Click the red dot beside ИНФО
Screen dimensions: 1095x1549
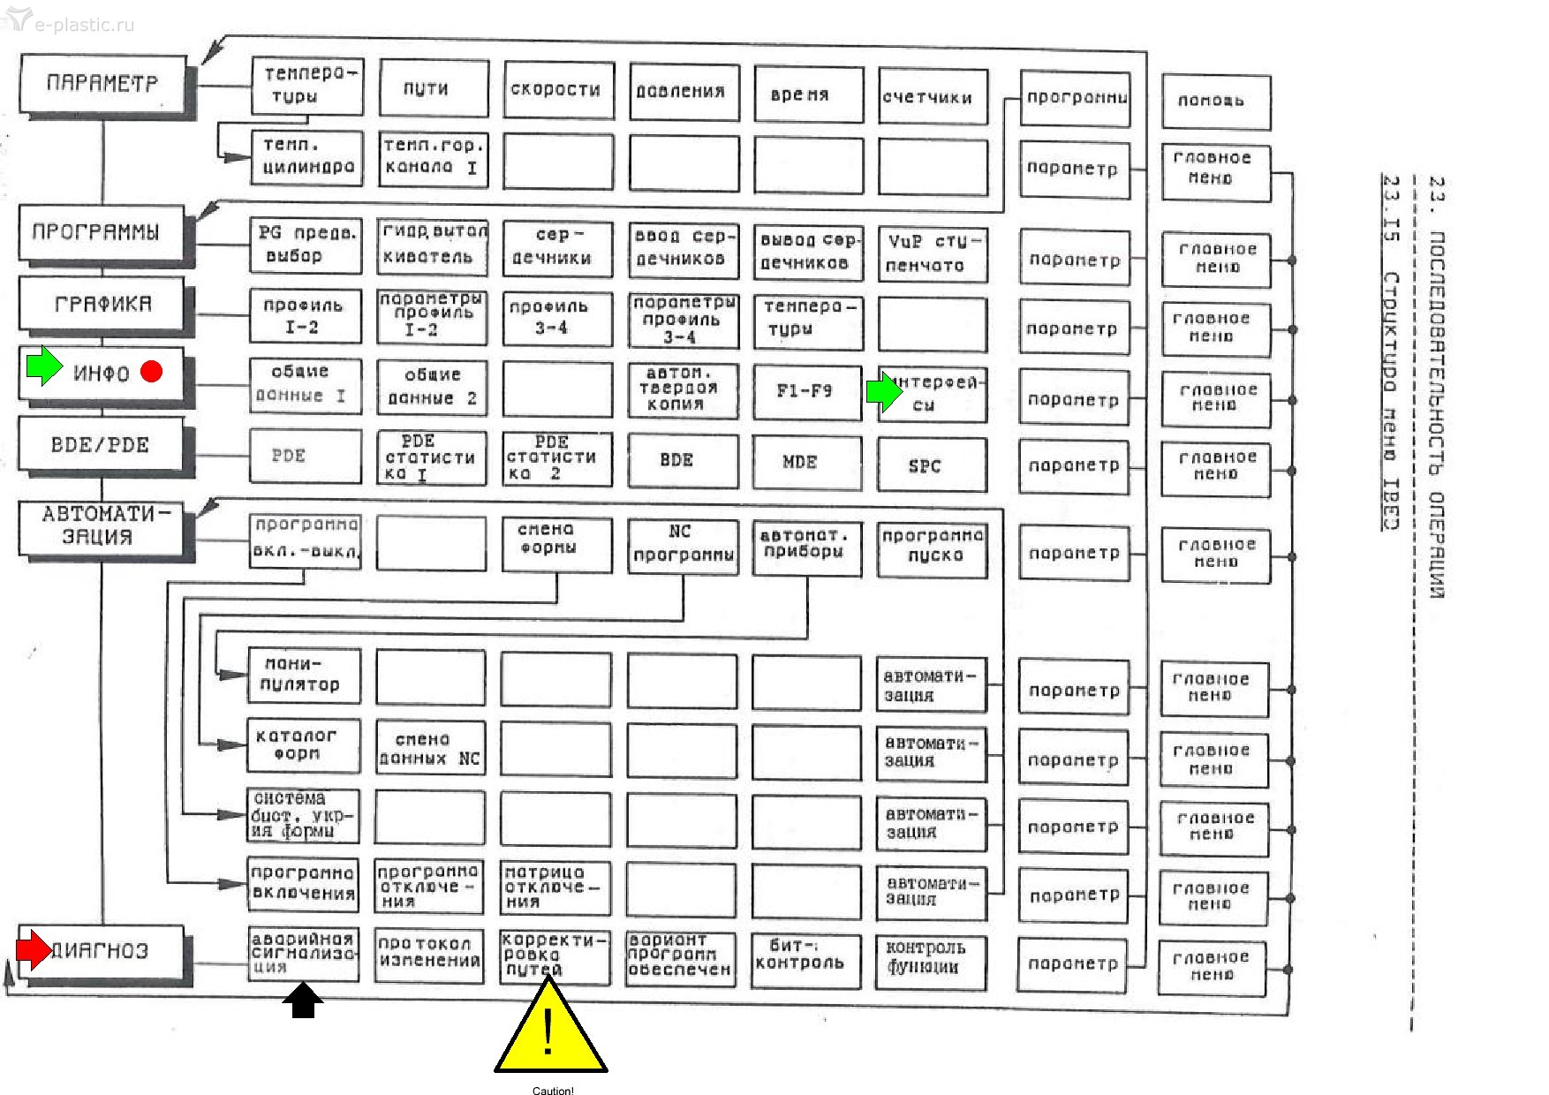(152, 372)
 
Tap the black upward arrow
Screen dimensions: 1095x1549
(303, 1001)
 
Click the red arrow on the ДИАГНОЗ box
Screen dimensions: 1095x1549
(34, 949)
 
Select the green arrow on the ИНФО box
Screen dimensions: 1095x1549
(43, 366)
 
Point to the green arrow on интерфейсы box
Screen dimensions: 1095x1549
(882, 391)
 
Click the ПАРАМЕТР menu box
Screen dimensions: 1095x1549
(102, 84)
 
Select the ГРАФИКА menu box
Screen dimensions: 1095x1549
(102, 304)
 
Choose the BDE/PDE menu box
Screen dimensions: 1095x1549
(100, 444)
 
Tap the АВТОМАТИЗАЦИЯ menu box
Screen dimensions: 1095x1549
(99, 525)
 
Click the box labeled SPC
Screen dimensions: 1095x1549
(931, 465)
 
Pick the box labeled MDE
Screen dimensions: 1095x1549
(806, 462)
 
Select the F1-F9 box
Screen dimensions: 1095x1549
(806, 390)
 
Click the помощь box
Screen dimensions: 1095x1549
(1215, 102)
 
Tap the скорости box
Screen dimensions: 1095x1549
(558, 89)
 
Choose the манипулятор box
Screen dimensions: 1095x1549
(303, 675)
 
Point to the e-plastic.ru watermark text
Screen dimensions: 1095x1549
(84, 24)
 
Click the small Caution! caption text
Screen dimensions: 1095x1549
(553, 1091)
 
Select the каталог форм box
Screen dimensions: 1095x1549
(303, 744)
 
